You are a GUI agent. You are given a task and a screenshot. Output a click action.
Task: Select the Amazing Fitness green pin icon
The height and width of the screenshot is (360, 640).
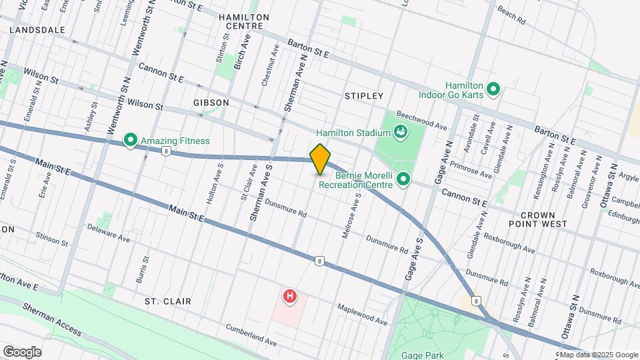click(x=131, y=141)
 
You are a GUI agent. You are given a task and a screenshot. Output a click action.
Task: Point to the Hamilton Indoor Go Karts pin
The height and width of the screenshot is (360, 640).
click(x=493, y=88)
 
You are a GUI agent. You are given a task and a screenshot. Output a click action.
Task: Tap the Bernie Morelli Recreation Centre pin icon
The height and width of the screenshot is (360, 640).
click(x=403, y=179)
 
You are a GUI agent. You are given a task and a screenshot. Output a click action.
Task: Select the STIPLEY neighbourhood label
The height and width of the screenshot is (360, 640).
click(x=364, y=96)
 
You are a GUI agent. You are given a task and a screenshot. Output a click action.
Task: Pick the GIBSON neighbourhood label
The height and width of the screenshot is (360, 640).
click(x=211, y=103)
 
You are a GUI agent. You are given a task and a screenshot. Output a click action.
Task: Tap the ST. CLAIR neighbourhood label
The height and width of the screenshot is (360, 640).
click(x=168, y=301)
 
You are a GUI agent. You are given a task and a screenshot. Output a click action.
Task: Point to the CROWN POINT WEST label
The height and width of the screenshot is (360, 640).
click(x=543, y=219)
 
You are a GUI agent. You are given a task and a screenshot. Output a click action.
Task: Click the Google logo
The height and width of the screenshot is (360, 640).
click(x=21, y=351)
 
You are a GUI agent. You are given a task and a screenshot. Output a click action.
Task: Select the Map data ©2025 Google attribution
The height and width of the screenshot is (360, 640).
click(x=598, y=355)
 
